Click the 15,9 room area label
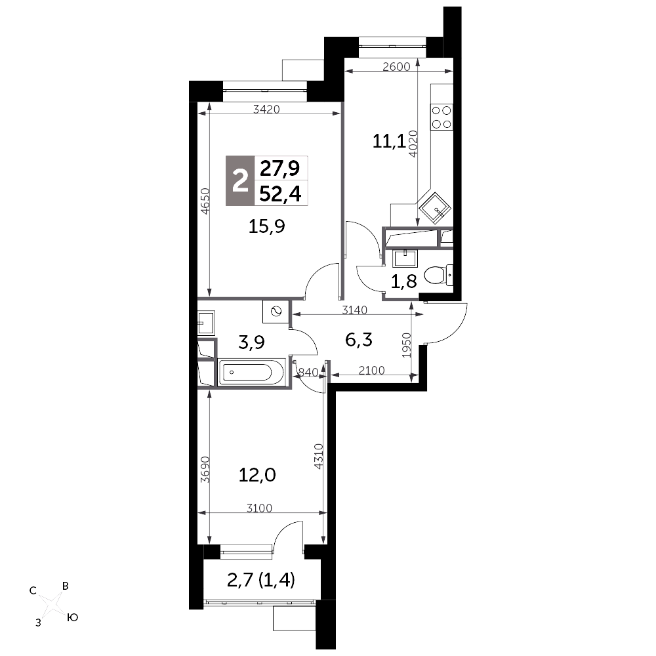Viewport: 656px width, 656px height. tap(266, 227)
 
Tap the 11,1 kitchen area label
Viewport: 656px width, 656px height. tap(388, 142)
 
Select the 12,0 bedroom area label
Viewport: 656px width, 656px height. tap(257, 475)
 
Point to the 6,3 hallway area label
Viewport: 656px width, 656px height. tap(359, 340)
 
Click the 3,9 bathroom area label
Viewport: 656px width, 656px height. tap(251, 342)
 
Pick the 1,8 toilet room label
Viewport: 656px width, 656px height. tap(403, 281)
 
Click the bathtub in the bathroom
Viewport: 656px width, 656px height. tap(251, 371)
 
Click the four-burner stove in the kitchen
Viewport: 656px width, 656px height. tap(441, 117)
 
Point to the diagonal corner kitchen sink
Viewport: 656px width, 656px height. tap(435, 209)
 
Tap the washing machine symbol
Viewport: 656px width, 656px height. tap(276, 311)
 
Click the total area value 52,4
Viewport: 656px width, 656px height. tap(280, 194)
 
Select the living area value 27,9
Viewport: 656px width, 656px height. tap(280, 169)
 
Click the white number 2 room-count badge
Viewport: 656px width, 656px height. tap(239, 181)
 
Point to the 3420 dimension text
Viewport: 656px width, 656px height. tap(266, 110)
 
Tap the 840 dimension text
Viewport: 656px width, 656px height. tap(308, 371)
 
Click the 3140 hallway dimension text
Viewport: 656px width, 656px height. tap(354, 310)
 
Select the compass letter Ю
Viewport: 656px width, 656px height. tap(73, 617)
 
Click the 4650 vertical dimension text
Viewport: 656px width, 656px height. tap(205, 201)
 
